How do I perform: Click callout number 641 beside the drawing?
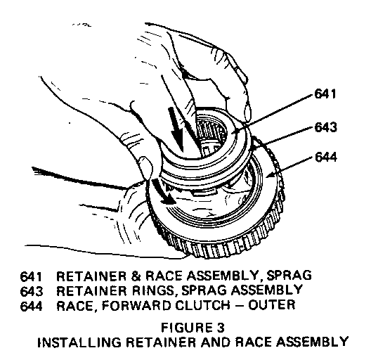coord(325,94)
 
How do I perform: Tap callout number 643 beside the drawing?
coord(325,127)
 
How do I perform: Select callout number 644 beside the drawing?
coord(326,157)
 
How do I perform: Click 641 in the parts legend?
coord(31,276)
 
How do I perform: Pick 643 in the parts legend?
coord(31,291)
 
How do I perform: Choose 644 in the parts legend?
coord(31,306)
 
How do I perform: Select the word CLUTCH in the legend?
coord(202,305)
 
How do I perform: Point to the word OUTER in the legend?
coord(272,305)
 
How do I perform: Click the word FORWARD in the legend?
coord(136,305)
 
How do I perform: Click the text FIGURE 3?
coord(193,328)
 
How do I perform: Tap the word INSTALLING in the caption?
coord(79,342)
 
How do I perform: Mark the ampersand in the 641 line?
coord(136,276)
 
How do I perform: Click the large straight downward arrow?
coord(177,130)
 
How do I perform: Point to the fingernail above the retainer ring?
coord(247,112)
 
